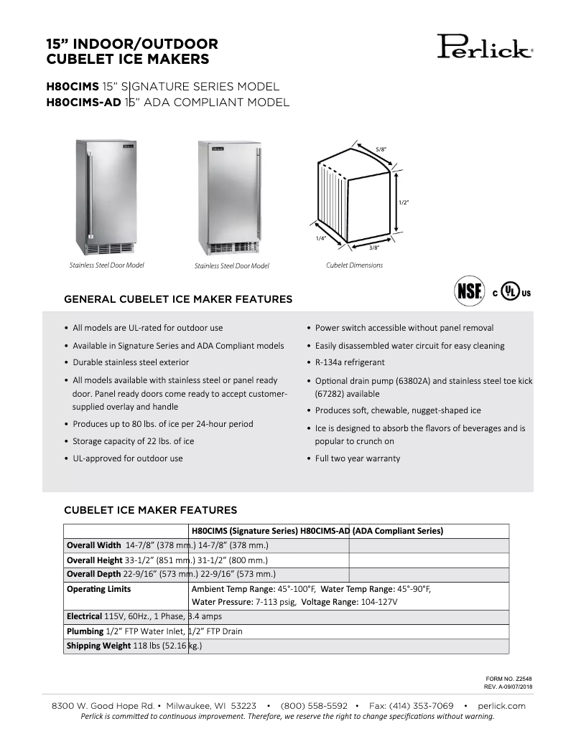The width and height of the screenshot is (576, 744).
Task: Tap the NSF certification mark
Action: pos(468,293)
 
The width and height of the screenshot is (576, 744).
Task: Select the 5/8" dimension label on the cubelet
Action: pos(381,149)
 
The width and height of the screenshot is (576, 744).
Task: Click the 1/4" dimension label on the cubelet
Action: pos(320,237)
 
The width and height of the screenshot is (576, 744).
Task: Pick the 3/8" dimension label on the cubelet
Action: pos(374,248)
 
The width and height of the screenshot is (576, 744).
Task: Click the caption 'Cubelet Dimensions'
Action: pos(354,265)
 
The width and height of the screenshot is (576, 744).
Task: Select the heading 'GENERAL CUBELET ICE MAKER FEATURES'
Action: pos(178,299)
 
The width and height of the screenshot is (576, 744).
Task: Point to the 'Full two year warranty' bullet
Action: pos(358,458)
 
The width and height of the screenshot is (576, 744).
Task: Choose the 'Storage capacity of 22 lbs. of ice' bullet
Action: pos(133,441)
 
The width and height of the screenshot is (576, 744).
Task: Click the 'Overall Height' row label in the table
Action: pos(93,560)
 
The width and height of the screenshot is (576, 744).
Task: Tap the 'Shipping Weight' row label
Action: pos(98,646)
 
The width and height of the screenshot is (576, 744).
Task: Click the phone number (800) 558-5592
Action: pos(314,706)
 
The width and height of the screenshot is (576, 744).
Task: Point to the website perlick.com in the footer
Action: pos(501,706)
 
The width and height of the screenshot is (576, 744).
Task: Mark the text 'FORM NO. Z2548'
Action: pos(508,678)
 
